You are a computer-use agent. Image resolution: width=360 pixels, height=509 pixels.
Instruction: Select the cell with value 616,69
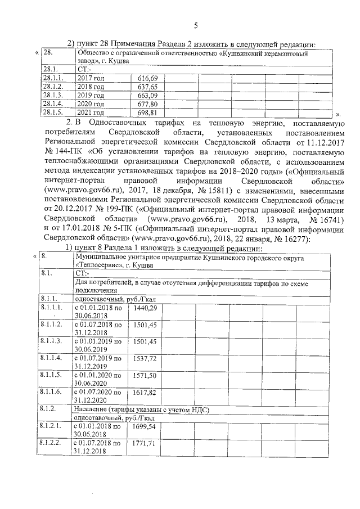coord(147,77)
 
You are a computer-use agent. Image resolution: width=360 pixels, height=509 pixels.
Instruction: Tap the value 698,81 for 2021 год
coord(147,113)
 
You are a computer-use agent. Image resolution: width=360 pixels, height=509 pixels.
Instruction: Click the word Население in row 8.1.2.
coord(93,410)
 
